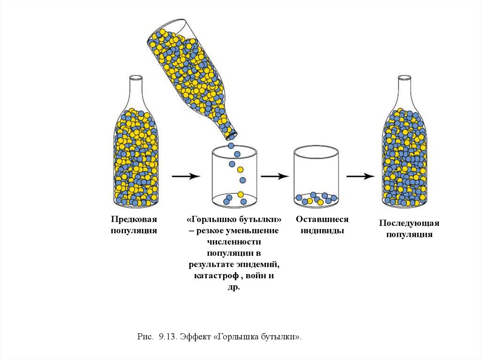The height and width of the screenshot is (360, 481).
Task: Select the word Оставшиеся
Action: tap(322, 219)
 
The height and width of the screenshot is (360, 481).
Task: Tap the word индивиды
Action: tap(322, 231)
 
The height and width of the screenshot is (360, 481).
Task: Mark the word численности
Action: tap(234, 242)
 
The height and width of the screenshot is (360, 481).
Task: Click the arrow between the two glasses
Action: tap(274, 176)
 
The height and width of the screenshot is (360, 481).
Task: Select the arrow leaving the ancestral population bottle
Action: tap(186, 176)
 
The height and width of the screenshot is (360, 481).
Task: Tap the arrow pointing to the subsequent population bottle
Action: tap(360, 176)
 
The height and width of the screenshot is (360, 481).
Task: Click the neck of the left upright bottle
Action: tap(136, 89)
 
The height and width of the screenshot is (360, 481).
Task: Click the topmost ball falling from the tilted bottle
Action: tap(231, 146)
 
